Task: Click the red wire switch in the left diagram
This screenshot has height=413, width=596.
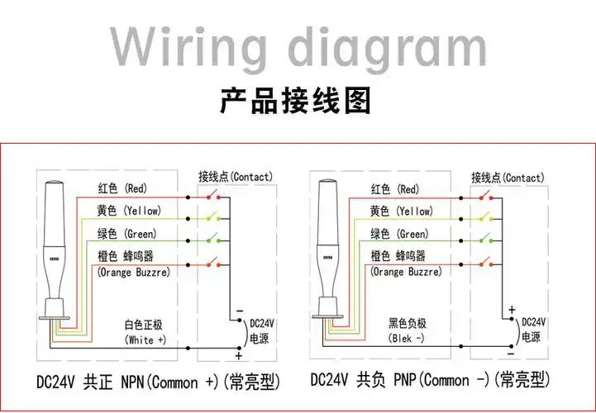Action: [217, 196]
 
